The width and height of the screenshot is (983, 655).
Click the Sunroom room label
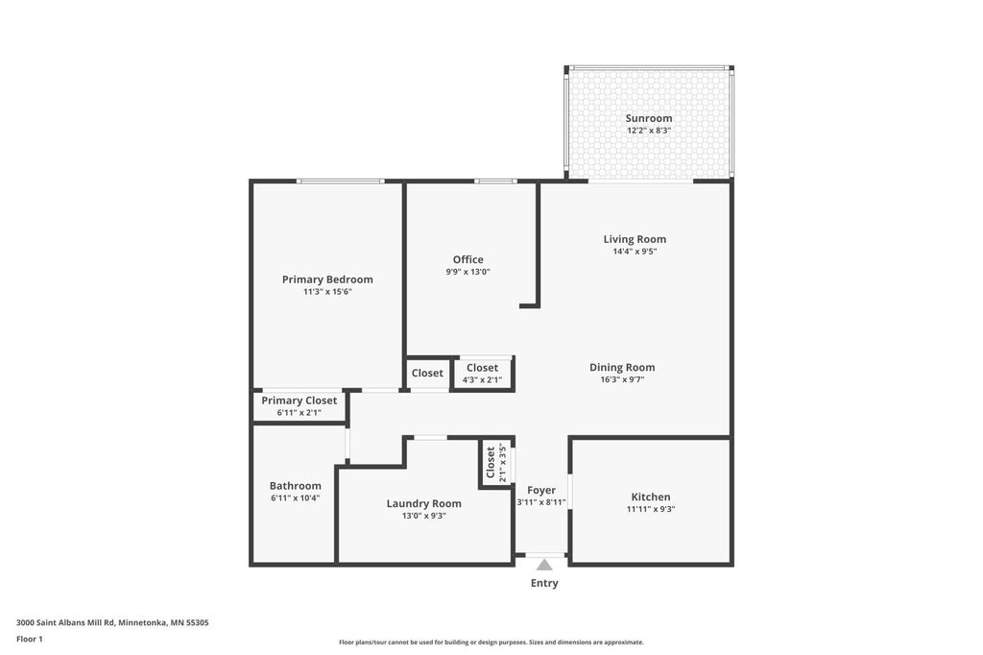pos(649,118)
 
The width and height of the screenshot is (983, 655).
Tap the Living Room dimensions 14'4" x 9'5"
pos(635,252)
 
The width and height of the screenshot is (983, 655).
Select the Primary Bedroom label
pos(327,279)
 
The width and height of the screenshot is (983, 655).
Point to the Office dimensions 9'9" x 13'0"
pos(468,272)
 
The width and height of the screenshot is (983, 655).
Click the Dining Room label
pos(622,367)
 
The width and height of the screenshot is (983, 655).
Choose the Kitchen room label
pos(650,497)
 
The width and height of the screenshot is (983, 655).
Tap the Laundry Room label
pos(423,503)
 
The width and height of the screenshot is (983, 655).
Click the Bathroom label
pos(295,486)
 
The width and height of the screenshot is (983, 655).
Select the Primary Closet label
pos(299,400)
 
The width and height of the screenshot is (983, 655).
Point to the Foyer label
pos(541,490)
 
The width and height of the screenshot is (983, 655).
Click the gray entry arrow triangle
pos(544,565)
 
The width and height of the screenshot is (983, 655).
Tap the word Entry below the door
pos(544,583)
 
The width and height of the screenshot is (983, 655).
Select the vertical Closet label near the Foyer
pos(491,462)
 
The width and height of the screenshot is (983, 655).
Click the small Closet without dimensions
pos(427,373)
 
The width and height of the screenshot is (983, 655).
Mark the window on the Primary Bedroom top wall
pos(340,181)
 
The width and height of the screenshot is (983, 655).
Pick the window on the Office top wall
pos(495,181)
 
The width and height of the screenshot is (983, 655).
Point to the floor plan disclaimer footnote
pos(491,642)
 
